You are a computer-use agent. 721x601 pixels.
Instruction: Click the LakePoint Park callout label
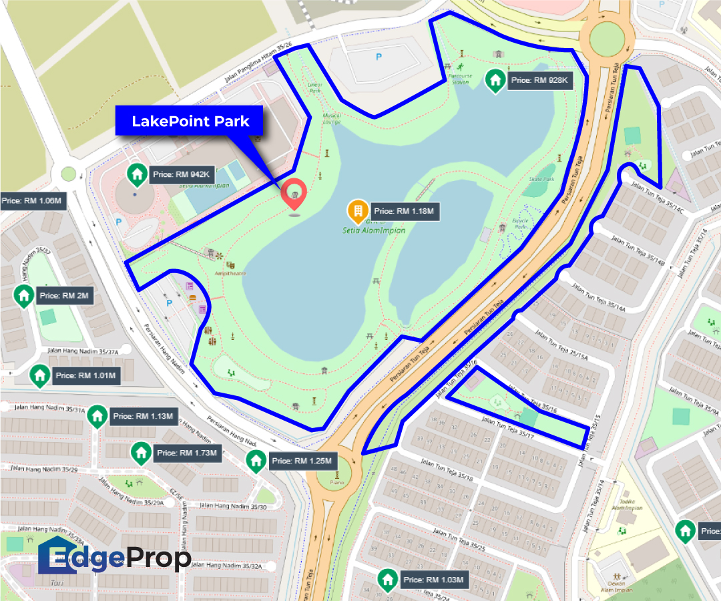[190, 121]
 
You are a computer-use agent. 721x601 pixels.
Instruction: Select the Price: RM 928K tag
[539, 81]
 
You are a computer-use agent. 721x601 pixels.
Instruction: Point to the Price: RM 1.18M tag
[403, 212]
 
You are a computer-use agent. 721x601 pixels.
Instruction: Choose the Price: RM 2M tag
[64, 295]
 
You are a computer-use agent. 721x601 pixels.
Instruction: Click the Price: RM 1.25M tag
[302, 461]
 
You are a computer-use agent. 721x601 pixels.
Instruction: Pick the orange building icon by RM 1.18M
[358, 212]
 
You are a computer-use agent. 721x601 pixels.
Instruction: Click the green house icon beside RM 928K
[495, 81]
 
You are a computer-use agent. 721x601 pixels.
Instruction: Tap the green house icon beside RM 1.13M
[97, 416]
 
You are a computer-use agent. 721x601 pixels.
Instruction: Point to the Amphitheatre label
[230, 274]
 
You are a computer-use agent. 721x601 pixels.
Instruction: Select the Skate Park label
[541, 180]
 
